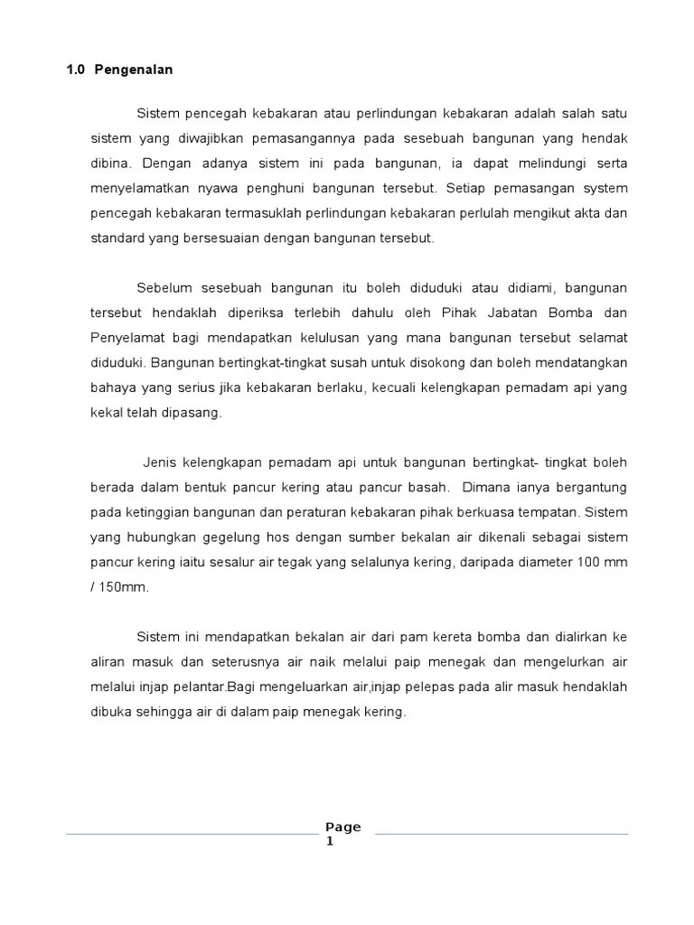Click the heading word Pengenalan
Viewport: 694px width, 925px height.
[134, 70]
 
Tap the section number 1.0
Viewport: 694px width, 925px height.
[75, 70]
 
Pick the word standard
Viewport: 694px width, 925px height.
[117, 238]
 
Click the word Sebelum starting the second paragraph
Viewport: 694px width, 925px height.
[164, 288]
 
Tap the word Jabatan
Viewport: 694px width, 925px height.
[518, 313]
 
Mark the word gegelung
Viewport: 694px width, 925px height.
[217, 537]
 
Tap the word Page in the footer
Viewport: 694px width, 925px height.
[342, 827]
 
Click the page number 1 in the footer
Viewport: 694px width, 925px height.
[331, 842]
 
